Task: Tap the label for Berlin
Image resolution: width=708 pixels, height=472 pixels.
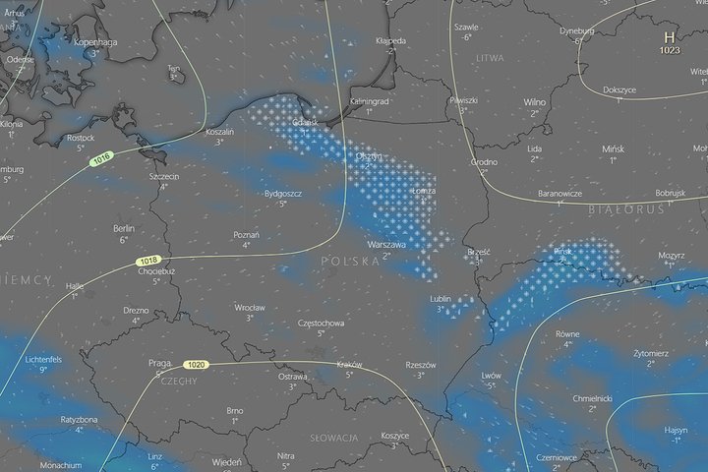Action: tap(124, 227)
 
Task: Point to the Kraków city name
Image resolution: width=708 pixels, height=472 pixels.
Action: tap(349, 364)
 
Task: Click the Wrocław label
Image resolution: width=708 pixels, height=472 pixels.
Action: tap(250, 307)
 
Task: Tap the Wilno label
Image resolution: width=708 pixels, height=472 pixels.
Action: tap(535, 101)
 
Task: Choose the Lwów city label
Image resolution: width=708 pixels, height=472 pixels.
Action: tap(491, 375)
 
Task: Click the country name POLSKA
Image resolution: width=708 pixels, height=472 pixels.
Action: tap(350, 261)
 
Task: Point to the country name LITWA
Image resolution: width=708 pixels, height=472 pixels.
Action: tap(489, 59)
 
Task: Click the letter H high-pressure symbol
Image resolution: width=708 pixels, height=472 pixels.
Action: tap(670, 36)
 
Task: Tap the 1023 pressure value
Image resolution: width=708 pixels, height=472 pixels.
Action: tap(670, 49)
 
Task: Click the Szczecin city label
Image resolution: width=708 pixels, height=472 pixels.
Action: tap(163, 176)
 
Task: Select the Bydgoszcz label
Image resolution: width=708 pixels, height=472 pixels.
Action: tap(282, 194)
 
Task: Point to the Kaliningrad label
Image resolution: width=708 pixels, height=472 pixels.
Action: tap(370, 101)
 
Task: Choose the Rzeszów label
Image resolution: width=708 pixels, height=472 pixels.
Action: tap(420, 364)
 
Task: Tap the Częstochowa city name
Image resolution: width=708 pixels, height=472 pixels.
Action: tap(321, 323)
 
